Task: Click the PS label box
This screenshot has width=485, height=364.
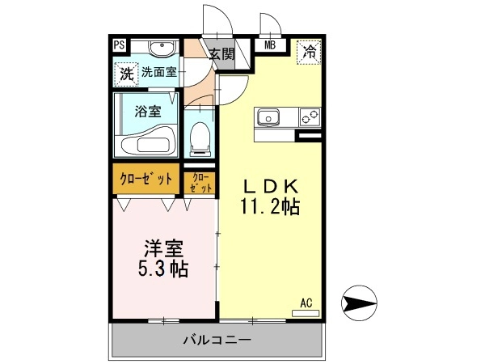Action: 119,45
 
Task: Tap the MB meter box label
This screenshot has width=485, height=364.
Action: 270,45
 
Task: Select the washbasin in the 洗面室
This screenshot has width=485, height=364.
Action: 162,49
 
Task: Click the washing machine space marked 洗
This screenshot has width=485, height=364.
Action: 126,74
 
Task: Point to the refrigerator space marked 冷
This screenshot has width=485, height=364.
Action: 309,52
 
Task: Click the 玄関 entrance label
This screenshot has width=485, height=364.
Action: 222,54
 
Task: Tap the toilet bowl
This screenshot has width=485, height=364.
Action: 200,139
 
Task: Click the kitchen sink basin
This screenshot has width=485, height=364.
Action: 268,117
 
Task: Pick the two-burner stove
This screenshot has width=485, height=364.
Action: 310,116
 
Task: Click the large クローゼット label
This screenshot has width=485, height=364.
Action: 145,179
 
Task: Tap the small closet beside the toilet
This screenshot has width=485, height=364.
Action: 200,183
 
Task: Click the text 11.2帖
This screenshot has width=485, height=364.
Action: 270,206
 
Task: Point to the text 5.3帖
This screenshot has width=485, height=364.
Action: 163,269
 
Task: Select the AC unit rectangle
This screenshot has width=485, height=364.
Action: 306,313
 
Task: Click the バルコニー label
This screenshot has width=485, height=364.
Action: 217,341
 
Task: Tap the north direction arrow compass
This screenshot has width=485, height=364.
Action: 359,303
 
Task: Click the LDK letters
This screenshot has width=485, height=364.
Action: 272,186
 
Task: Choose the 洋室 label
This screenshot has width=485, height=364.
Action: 163,248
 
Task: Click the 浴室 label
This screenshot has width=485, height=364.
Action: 148,111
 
